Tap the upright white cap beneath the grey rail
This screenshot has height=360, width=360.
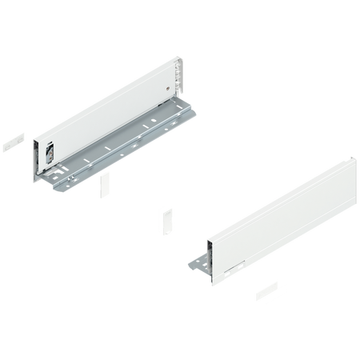tap(105, 189)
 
